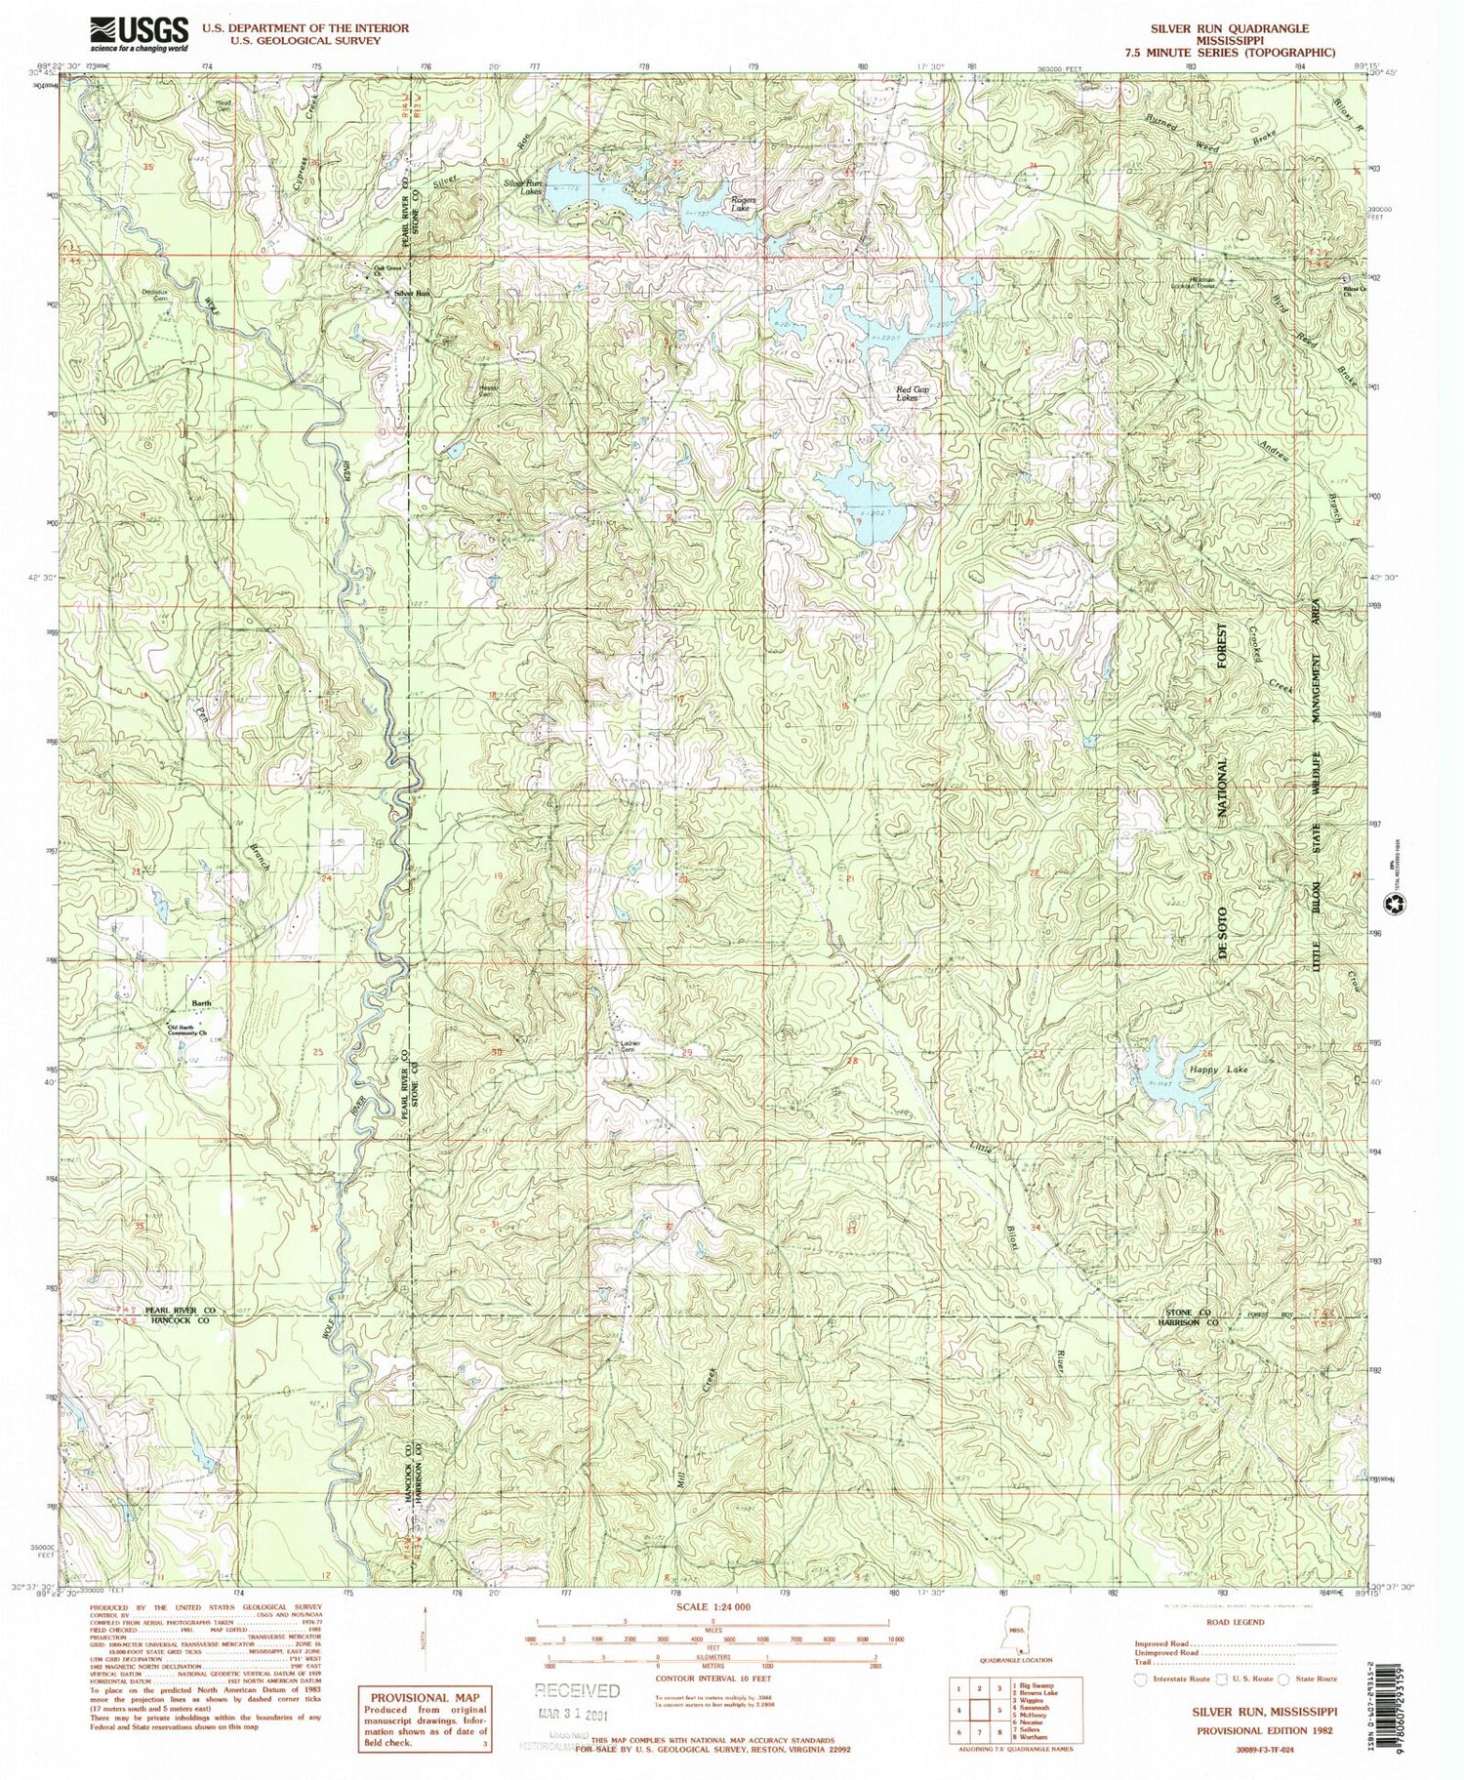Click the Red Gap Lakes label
(x=914, y=393)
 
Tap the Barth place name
(x=201, y=1003)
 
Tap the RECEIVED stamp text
(x=576, y=1690)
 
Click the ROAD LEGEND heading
(x=1235, y=1623)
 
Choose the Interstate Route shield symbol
(x=1140, y=1679)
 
